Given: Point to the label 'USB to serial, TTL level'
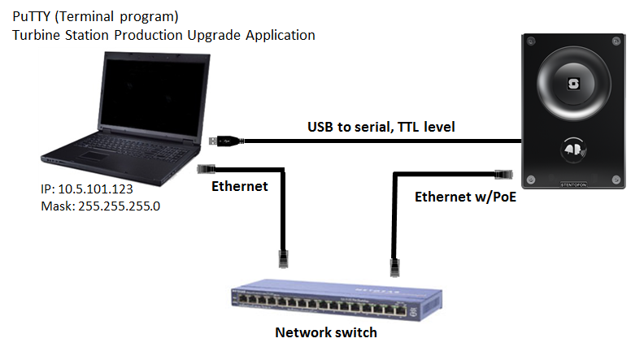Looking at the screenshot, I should tap(381, 127).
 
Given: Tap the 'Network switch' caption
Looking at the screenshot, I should tap(325, 332).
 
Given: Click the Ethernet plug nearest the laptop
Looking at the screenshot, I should tap(205, 168).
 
